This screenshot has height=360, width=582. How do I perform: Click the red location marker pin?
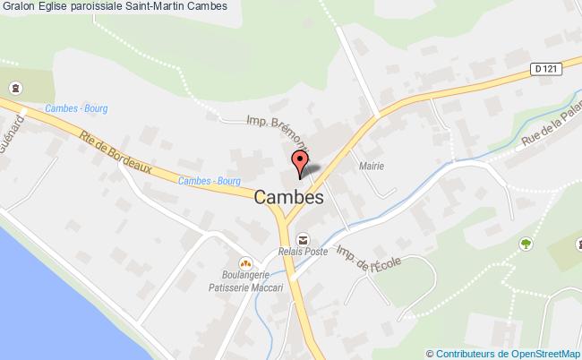[x=300, y=163]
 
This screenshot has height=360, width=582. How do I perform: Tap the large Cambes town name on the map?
[x=288, y=199]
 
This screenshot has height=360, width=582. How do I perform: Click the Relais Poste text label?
[x=303, y=253]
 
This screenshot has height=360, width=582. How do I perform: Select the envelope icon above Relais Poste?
[x=304, y=239]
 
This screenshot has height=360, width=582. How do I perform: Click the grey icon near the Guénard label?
[x=14, y=88]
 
